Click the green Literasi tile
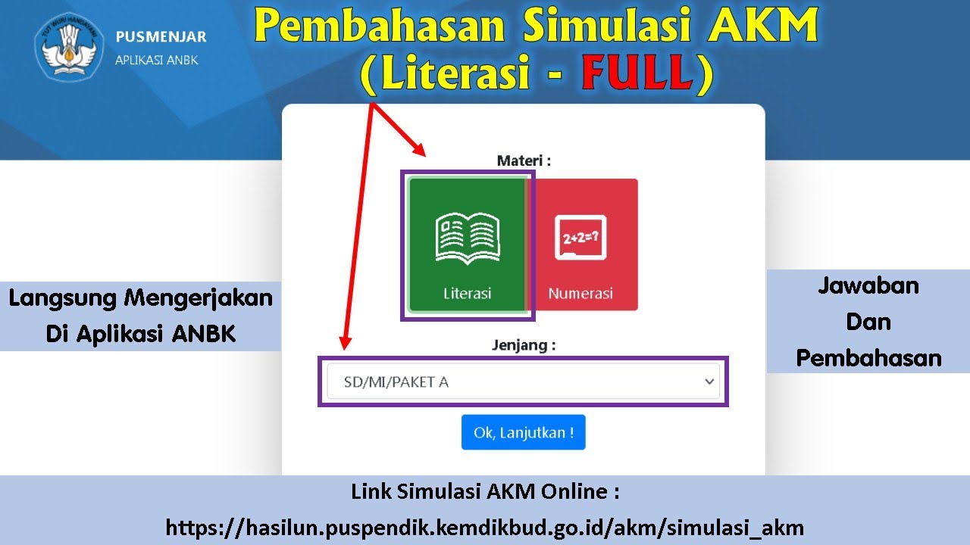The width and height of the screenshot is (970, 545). click(467, 244)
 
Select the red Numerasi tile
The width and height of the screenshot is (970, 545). click(581, 244)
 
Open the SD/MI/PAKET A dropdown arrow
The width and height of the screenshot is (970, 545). click(709, 381)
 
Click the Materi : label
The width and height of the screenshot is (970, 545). click(523, 160)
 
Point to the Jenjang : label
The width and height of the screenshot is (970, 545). click(523, 345)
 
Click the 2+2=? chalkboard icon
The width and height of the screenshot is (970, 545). click(580, 237)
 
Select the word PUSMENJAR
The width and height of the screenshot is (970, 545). click(161, 37)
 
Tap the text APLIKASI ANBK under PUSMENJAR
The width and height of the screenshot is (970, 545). click(156, 60)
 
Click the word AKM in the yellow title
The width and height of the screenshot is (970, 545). click(766, 26)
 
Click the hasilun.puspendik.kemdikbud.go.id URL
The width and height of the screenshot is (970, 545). click(484, 527)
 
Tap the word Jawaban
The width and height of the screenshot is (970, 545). click(868, 285)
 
